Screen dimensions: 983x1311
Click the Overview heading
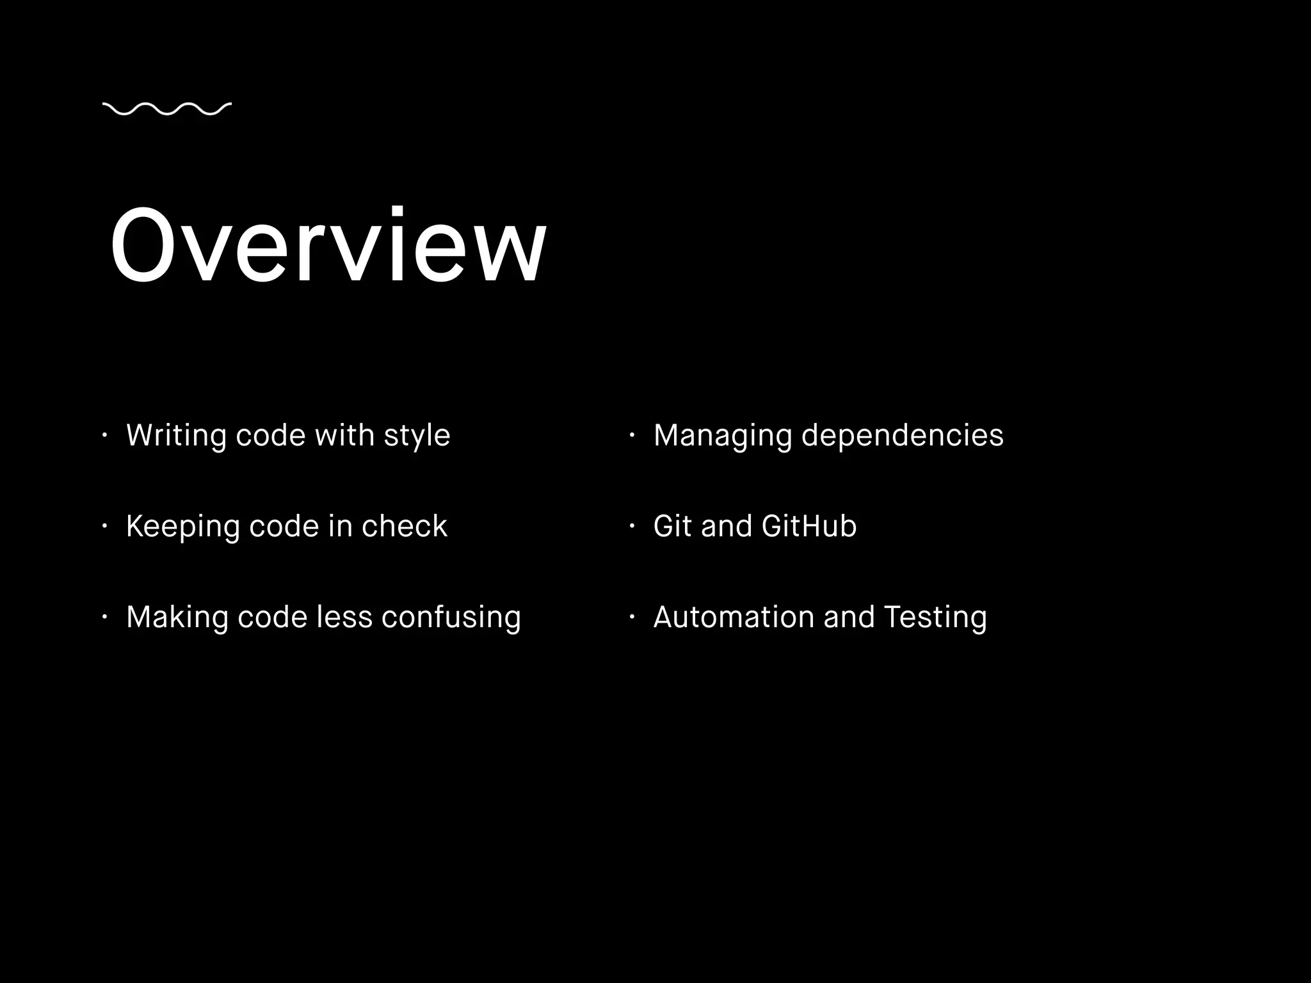328,245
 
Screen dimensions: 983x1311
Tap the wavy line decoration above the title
166,109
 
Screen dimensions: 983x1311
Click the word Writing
176,436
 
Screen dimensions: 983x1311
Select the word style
417,436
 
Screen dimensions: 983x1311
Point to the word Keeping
182,527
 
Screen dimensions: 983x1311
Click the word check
404,527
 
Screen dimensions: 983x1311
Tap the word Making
177,618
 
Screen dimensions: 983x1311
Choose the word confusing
451,618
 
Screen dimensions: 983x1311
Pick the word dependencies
902,436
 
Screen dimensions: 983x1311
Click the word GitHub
809,527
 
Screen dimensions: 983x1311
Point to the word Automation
733,618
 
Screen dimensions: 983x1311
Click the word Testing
935,618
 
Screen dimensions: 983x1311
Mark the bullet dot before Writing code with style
104,436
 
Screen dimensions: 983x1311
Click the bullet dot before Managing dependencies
631,436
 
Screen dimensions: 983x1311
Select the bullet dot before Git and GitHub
631,527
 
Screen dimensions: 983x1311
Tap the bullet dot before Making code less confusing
104,618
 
